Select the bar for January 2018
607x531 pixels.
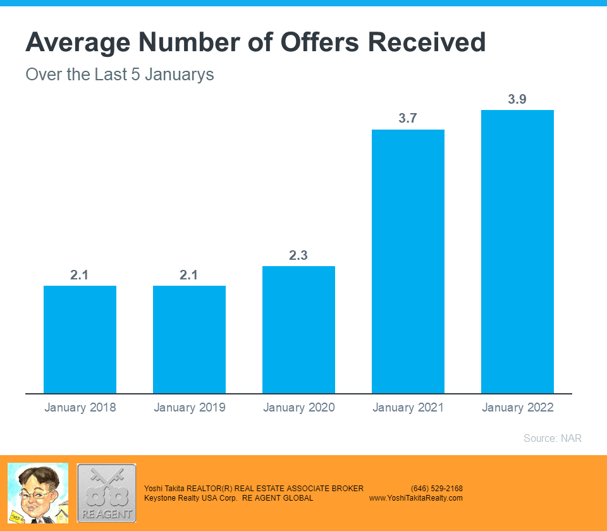pos(80,339)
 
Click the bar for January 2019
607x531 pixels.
pos(189,339)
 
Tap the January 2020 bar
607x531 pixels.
pos(298,329)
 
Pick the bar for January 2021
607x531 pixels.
pos(408,261)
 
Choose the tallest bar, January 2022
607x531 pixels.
pos(517,252)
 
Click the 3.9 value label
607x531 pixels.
pos(517,99)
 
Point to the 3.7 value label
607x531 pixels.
pos(408,119)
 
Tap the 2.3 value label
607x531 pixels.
pos(298,255)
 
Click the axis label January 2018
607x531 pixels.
pos(80,408)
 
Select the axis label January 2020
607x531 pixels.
pos(298,408)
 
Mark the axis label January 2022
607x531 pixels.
pos(517,408)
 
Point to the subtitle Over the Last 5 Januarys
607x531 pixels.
pos(120,75)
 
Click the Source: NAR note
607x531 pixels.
pos(552,438)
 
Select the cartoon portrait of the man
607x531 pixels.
pos(37,493)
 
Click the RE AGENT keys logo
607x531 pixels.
pos(106,493)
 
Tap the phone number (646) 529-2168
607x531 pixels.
pos(436,489)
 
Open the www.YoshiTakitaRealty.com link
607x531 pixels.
pos(416,498)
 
